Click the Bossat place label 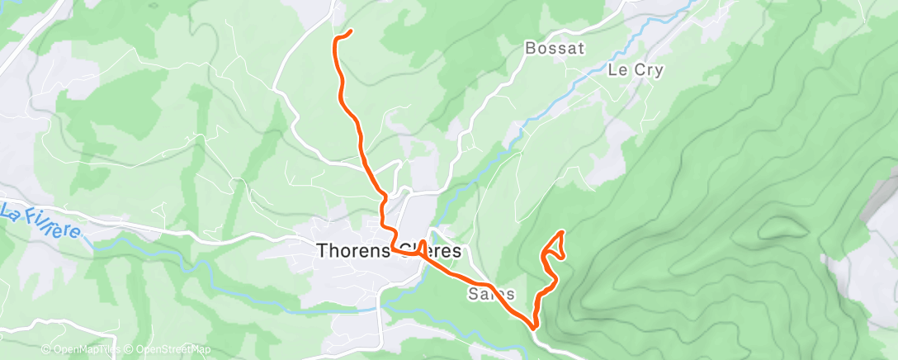(555, 49)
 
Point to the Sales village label (491, 294)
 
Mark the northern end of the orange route (351, 31)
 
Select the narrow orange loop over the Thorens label (423, 248)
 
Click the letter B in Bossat (531, 49)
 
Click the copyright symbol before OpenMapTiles (47, 350)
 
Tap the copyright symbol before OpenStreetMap (129, 350)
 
